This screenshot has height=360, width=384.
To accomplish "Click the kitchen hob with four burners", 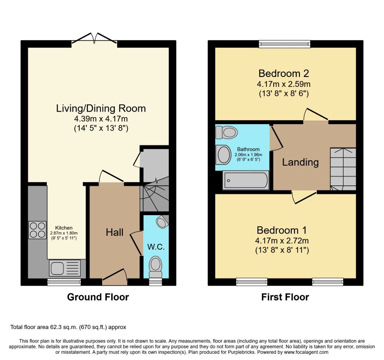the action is tap(37, 230).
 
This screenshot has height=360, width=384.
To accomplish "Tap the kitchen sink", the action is tap(65, 268).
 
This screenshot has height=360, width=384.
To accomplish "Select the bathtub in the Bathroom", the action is tap(246, 180).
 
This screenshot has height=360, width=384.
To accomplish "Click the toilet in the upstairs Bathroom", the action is tap(226, 132).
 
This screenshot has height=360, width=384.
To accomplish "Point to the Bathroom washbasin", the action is tap(223, 155).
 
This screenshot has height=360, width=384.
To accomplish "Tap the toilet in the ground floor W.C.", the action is tap(156, 267).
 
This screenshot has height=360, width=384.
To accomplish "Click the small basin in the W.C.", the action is tap(162, 222).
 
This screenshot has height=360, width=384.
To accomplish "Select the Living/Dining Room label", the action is tap(101, 108).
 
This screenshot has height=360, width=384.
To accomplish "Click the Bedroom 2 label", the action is tap(284, 73).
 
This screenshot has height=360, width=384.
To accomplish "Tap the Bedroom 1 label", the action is tap(282, 230).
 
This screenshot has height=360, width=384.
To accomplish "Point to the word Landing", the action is tap(300, 162).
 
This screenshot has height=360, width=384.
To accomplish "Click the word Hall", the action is tap(115, 232).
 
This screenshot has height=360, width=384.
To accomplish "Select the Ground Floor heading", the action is tap(98, 297).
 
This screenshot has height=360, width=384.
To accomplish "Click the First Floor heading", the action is tap(285, 297).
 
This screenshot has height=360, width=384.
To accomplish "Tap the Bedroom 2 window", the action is tap(285, 44).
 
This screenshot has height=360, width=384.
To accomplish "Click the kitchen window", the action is tap(64, 282).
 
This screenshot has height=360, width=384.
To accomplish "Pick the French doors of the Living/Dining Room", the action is tap(94, 39).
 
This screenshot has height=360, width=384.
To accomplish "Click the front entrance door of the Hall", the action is tap(115, 277).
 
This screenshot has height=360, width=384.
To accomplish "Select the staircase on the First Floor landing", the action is tap(343, 169).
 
